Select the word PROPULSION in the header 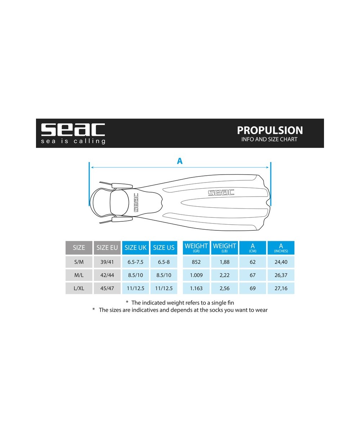pyautogui.click(x=270, y=130)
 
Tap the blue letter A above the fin pyautogui.click(x=180, y=161)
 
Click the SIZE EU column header pyautogui.click(x=107, y=248)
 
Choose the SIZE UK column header pyautogui.click(x=135, y=248)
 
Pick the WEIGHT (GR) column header pyautogui.click(x=196, y=248)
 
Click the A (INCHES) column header pyautogui.click(x=281, y=248)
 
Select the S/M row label pyautogui.click(x=79, y=262)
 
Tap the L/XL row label pyautogui.click(x=79, y=288)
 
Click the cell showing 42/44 pyautogui.click(x=107, y=275)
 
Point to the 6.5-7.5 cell pyautogui.click(x=135, y=262)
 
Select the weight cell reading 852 pyautogui.click(x=196, y=262)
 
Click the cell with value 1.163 pyautogui.click(x=196, y=288)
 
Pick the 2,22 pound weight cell pyautogui.click(x=225, y=275)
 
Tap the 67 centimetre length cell pyautogui.click(x=253, y=275)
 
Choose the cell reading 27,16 pyautogui.click(x=281, y=288)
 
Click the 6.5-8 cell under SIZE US pyautogui.click(x=164, y=262)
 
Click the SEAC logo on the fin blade pyautogui.click(x=221, y=193)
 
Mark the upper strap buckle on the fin pyautogui.click(x=122, y=186)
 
